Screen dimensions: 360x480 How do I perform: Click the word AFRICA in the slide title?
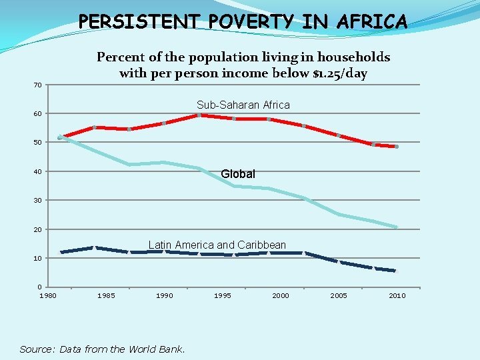click(373, 22)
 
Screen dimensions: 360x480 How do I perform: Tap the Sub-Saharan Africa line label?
click(243, 105)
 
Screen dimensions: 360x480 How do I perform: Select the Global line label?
click(237, 174)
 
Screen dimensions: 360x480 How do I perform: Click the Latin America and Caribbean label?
click(217, 245)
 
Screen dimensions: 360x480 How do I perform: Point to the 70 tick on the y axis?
click(38, 85)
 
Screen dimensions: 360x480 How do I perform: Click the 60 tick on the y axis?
click(38, 114)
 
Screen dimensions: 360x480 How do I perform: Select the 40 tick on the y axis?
click(38, 172)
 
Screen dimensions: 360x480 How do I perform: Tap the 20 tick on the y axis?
click(38, 229)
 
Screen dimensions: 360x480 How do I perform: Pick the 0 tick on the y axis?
click(40, 287)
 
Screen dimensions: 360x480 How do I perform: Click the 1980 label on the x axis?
click(48, 295)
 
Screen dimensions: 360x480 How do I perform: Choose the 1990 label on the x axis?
click(164, 295)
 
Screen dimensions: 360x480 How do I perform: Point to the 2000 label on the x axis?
click(281, 295)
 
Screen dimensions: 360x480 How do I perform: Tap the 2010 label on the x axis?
click(397, 295)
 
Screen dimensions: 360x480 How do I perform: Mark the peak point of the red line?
click(199, 115)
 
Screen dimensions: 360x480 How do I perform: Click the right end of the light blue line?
click(396, 227)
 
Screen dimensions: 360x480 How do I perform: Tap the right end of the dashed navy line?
click(395, 271)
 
